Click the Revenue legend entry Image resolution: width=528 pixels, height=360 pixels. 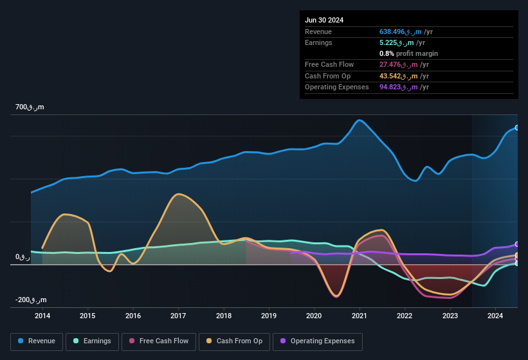[x=37, y=341]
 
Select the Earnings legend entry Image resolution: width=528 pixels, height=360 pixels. [x=92, y=341]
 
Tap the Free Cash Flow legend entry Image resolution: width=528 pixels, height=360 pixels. [x=159, y=341]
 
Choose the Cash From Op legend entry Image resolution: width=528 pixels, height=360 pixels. [x=233, y=341]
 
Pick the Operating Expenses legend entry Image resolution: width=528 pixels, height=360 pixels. [x=317, y=341]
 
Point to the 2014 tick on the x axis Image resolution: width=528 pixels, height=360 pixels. [x=42, y=316]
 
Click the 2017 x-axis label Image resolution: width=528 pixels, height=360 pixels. [x=178, y=316]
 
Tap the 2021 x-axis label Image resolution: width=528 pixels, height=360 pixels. [x=360, y=316]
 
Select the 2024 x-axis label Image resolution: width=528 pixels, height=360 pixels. [x=495, y=316]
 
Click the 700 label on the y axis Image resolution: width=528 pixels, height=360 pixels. [x=30, y=107]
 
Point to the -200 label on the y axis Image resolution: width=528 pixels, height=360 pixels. [x=31, y=300]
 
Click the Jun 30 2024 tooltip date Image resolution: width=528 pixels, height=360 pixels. [x=324, y=20]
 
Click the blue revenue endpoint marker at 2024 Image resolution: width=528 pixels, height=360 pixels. [x=517, y=128]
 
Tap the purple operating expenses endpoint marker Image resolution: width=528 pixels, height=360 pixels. [x=517, y=244]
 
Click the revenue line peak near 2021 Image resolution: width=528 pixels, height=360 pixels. [x=360, y=120]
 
